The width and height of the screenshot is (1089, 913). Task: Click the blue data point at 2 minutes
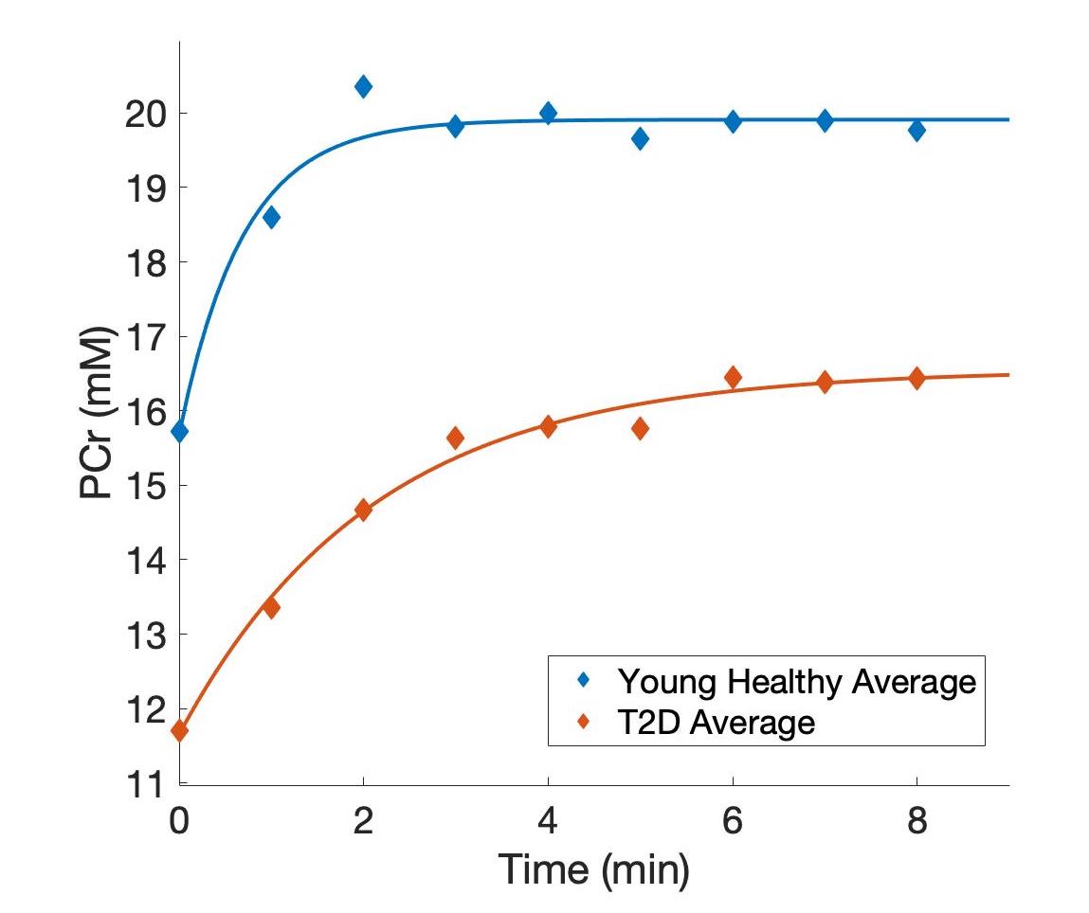[363, 87]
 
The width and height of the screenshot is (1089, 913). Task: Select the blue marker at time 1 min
[271, 217]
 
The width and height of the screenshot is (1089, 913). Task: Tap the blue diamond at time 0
[179, 432]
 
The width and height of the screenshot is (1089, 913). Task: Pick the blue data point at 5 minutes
[640, 139]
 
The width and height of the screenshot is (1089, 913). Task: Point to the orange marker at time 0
[179, 730]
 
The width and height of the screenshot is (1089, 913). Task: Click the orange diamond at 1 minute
[271, 607]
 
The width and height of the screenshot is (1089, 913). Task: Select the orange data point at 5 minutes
[640, 428]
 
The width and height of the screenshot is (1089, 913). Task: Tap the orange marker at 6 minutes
[732, 377]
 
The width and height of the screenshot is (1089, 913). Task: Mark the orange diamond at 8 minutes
[917, 378]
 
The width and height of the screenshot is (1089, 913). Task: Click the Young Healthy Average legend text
[795, 681]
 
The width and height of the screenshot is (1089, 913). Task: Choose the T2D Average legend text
[716, 723]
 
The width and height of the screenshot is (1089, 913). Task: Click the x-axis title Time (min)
[594, 870]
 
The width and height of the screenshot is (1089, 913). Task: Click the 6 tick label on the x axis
[732, 820]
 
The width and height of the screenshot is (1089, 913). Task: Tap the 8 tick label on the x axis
[917, 820]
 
